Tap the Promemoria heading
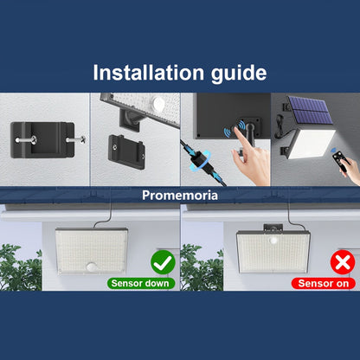pyautogui.click(x=179, y=196)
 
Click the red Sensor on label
pyautogui.click(x=320, y=283)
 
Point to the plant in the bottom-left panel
pyautogui.click(x=19, y=267)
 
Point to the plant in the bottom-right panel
pyautogui.click(x=198, y=267)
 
